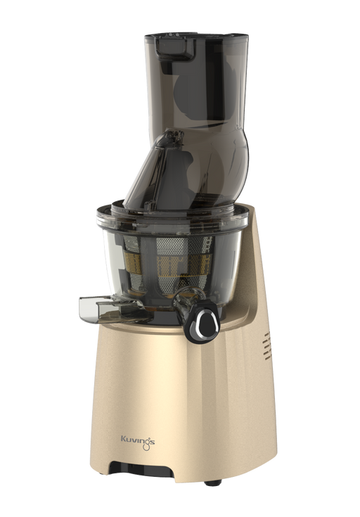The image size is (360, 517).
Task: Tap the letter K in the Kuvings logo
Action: [123, 439]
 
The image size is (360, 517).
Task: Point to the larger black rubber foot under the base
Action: [212, 483]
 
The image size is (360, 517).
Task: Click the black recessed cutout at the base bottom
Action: [143, 470]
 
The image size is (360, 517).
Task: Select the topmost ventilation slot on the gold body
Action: [266, 336]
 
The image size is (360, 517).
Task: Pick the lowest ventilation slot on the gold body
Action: [267, 357]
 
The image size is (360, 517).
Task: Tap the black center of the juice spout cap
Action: [207, 322]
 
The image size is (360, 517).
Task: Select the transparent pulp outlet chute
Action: [109, 309]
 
